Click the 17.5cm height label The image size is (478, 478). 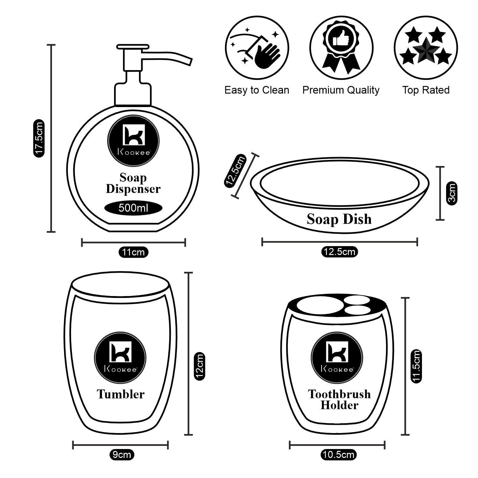pos(39,138)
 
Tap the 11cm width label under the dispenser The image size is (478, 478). pos(133,252)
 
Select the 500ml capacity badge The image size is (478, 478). pos(133,208)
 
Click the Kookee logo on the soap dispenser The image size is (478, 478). pos(133,141)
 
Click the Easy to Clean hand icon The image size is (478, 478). pos(257,48)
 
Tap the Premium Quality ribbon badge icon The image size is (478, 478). pos(341,48)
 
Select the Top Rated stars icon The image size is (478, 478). pos(426,48)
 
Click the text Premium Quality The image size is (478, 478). pos(341,90)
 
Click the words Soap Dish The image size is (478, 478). pos(339,219)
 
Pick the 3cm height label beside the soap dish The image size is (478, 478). pos(452,193)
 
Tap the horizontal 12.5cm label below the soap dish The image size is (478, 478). pos(339,252)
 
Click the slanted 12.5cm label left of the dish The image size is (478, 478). pos(235,171)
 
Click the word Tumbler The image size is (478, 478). pos(120,394)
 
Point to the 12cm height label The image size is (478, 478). pos(199,366)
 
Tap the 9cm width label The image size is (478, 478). pos(121,454)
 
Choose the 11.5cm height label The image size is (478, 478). pos(416,366)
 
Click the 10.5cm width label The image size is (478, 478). pos(338,454)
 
